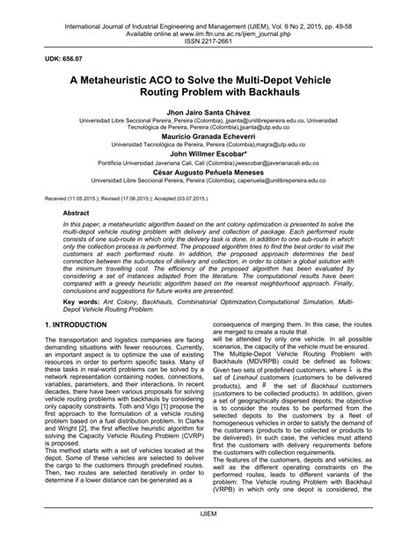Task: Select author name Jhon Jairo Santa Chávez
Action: pyautogui.click(x=208, y=115)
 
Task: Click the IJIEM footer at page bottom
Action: pyautogui.click(x=208, y=522)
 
